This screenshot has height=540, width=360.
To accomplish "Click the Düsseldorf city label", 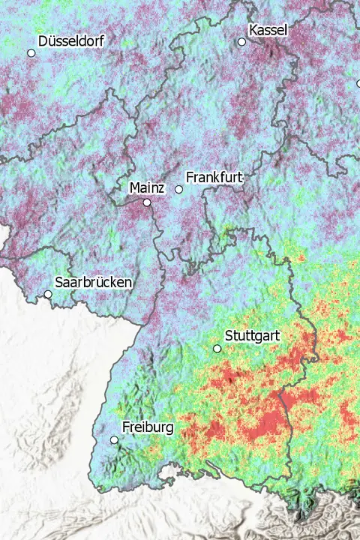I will click(70, 40).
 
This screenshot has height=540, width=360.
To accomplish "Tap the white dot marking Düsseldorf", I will click(31, 53).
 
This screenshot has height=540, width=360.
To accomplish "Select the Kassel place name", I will click(268, 29).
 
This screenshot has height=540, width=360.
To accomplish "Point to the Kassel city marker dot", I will click(241, 42).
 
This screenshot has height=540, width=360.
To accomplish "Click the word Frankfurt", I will click(214, 178).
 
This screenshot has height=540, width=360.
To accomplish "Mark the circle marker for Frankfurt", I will click(178, 190).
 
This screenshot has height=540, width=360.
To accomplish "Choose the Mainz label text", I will click(147, 187).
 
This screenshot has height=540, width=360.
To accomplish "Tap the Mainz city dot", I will click(147, 202).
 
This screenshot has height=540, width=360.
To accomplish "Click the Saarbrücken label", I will click(94, 283).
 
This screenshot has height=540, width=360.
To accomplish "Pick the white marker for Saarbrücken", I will click(48, 294).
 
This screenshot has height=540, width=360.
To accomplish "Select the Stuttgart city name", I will click(252, 336).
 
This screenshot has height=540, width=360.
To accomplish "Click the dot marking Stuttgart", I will click(217, 349).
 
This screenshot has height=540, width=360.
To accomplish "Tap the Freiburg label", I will click(148, 427).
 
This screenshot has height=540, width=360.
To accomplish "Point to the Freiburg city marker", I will click(114, 440).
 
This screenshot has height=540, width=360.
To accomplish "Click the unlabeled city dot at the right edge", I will click(358, 83).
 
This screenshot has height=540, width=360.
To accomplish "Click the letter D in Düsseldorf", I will click(43, 40).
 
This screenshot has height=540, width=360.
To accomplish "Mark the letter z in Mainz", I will click(161, 187).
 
